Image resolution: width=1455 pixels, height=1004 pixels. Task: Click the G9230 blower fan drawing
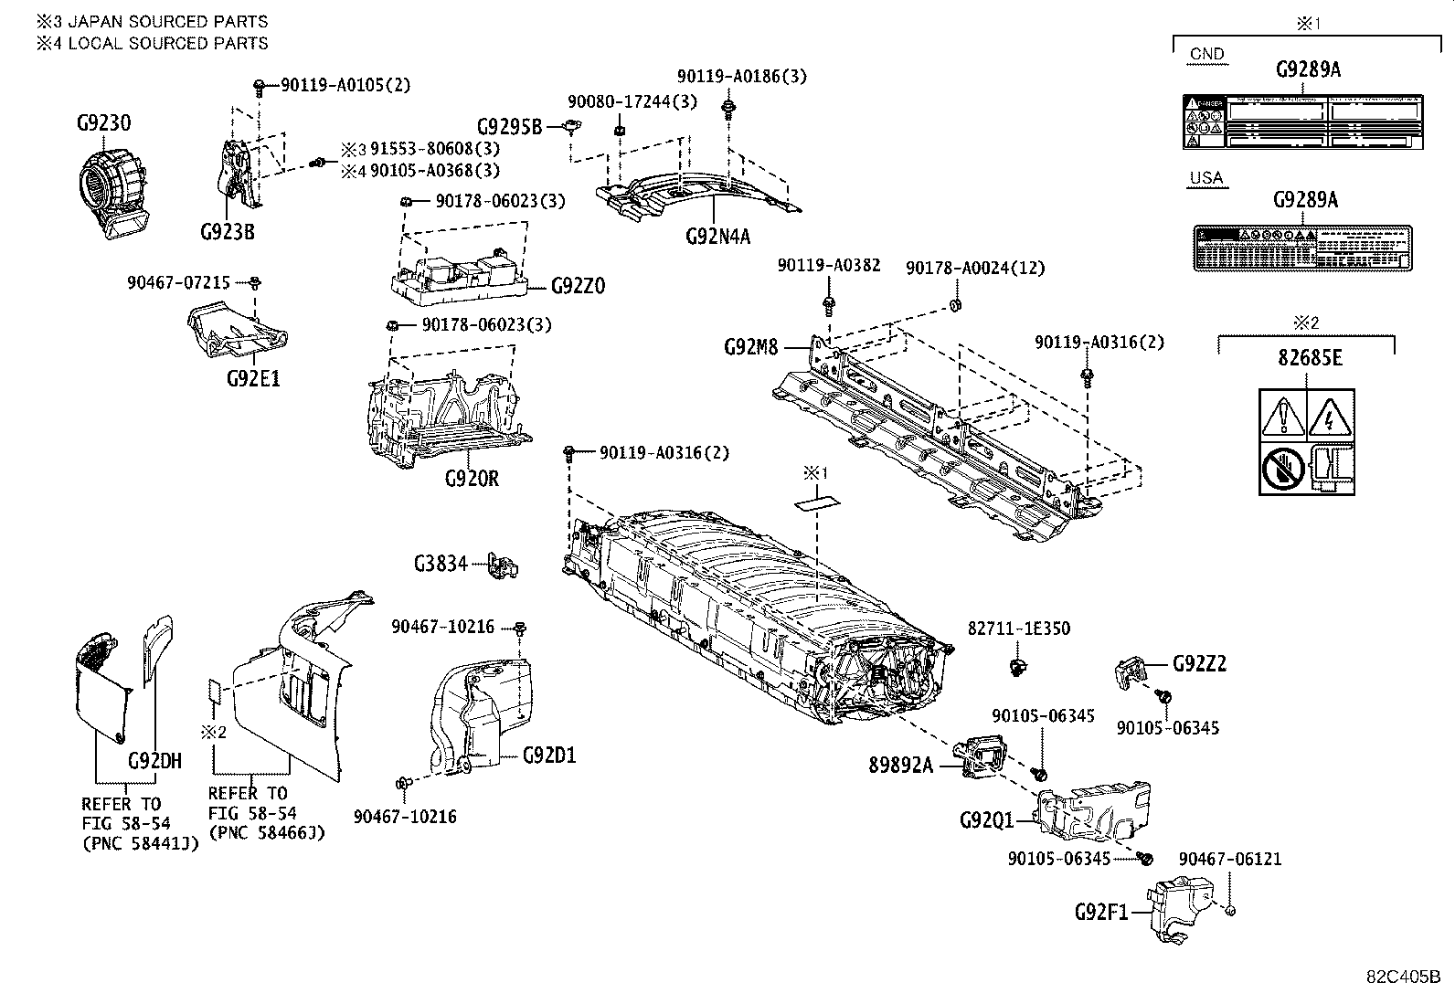click(111, 196)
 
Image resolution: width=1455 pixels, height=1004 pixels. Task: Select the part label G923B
click(227, 231)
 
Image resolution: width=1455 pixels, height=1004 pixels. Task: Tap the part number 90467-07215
click(179, 284)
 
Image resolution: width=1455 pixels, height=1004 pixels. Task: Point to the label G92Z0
click(578, 286)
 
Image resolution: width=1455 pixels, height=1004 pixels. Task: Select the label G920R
click(472, 478)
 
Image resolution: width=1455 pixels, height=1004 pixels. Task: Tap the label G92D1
click(549, 756)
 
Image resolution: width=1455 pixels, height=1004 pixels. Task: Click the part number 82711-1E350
click(1019, 629)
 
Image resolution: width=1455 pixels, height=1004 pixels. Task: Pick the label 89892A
click(900, 766)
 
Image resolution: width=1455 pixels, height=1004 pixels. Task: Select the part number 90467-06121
click(1229, 859)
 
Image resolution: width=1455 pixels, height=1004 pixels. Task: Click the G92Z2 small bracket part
click(1131, 671)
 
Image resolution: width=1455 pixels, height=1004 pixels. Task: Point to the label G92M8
click(750, 347)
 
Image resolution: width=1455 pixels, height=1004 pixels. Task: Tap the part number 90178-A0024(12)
click(975, 268)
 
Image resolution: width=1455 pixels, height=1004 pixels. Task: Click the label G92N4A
click(717, 237)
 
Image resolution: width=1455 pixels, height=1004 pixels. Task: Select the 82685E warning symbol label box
click(1306, 442)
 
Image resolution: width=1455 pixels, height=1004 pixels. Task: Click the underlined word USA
click(1206, 178)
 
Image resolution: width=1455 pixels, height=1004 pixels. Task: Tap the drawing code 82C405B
click(1403, 975)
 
